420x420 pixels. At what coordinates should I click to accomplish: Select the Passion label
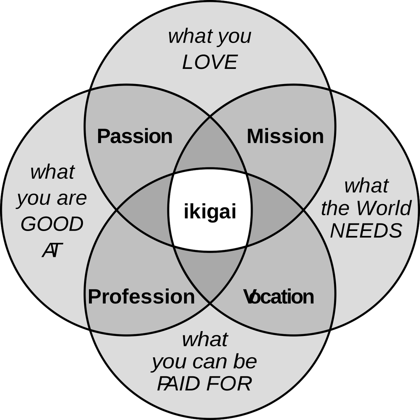tap(135, 136)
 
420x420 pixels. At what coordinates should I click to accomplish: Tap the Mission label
tap(285, 136)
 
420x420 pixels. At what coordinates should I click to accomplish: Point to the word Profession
tap(141, 296)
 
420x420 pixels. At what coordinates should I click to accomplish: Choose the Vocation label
tap(279, 296)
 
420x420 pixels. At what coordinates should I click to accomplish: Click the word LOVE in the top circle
tap(210, 62)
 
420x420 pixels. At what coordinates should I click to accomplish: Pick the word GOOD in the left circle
tap(52, 224)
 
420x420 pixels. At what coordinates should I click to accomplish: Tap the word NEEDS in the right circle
tap(366, 231)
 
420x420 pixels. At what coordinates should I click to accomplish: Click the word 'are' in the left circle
tap(72, 198)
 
